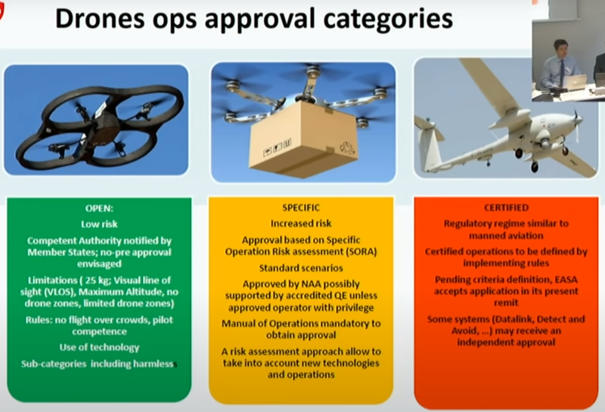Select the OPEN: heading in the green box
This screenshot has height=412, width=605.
(x=100, y=207)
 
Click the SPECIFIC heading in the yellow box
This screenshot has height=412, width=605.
(x=300, y=206)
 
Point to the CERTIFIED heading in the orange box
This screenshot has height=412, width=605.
(x=506, y=206)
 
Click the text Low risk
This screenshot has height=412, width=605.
(x=100, y=224)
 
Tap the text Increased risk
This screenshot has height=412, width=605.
(x=300, y=224)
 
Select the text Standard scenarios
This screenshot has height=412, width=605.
(x=300, y=268)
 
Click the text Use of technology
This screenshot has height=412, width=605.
(x=100, y=348)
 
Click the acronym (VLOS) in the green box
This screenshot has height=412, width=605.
(x=81, y=293)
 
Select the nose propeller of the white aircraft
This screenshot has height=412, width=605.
(x=576, y=120)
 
